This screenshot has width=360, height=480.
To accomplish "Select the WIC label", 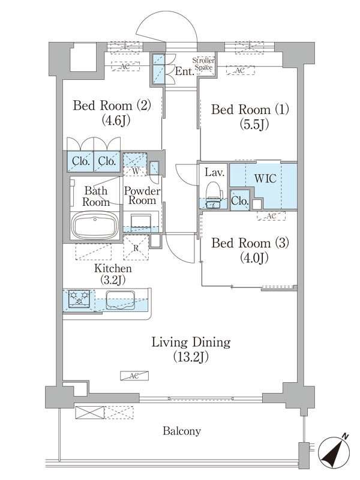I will [265, 179].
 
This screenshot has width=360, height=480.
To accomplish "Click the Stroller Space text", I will [203, 65].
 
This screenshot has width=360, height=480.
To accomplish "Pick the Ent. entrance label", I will [184, 73].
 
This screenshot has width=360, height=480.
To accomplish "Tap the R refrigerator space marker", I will [136, 247].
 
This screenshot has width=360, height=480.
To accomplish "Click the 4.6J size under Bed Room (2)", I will [111, 120].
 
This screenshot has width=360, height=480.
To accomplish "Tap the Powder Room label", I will [142, 196].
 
